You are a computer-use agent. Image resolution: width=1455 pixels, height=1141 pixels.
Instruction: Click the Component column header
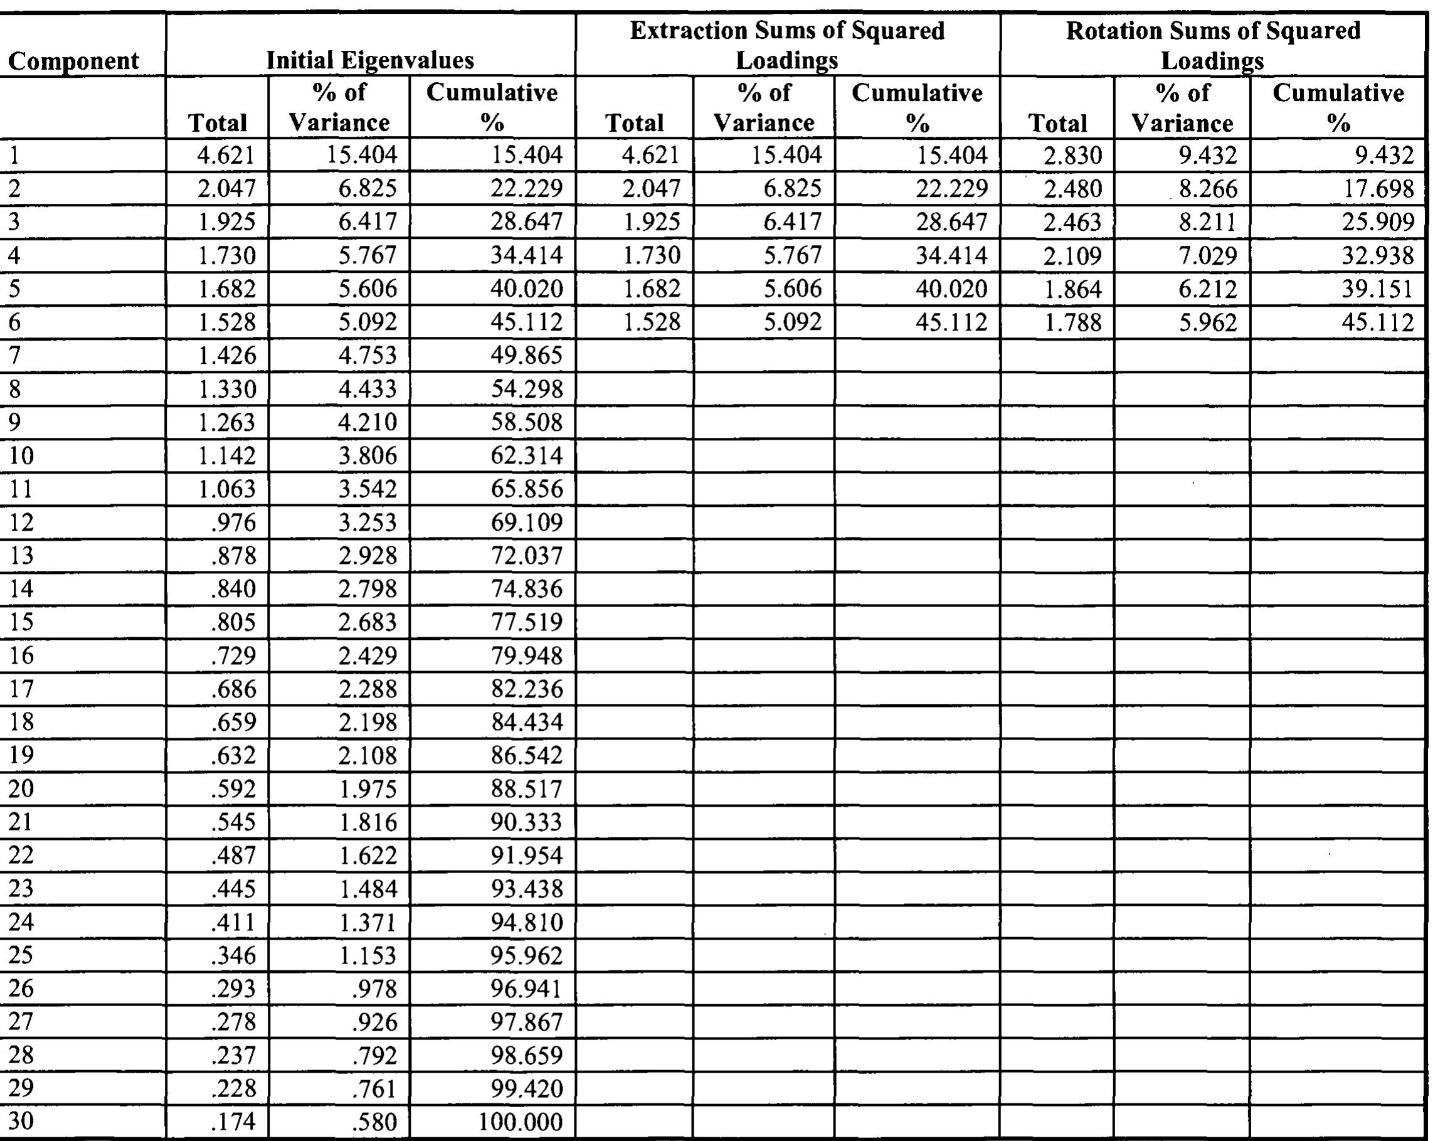[x=73, y=61]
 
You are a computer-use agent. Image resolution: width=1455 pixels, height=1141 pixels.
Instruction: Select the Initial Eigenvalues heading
[x=370, y=60]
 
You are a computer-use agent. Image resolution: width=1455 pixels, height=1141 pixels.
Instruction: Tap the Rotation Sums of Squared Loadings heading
[x=1213, y=45]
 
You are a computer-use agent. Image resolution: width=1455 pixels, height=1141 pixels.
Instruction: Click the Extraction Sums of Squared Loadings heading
[x=786, y=45]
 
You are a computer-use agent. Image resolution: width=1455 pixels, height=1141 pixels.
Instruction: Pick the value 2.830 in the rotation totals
[x=1072, y=156]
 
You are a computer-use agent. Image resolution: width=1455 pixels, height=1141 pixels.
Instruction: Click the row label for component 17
[x=21, y=689]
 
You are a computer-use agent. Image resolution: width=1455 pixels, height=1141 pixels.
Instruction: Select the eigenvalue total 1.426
[x=227, y=356]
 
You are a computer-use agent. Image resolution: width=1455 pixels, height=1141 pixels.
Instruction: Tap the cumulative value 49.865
[x=526, y=356]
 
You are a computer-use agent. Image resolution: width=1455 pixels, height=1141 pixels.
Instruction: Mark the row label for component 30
[x=21, y=1120]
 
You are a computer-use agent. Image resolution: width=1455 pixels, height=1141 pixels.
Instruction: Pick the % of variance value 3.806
[x=368, y=455]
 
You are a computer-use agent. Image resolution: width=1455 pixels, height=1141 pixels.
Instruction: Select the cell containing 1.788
[x=1072, y=322]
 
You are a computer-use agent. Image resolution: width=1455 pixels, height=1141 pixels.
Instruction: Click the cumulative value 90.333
[x=526, y=822]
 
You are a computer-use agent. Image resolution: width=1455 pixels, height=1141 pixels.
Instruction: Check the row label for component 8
[x=14, y=389]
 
